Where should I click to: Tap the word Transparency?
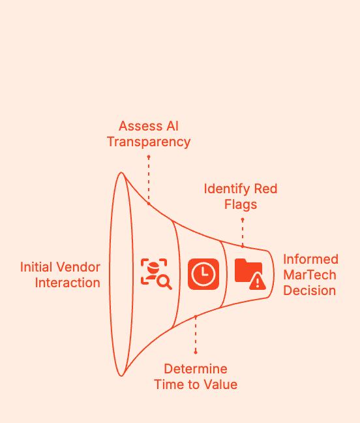(x=149, y=142)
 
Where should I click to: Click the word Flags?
(x=241, y=204)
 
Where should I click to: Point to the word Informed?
(x=310, y=259)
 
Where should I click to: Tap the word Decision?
(x=310, y=290)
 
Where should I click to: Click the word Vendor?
(x=82, y=267)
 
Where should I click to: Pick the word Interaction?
(x=68, y=283)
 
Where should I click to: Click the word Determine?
(x=196, y=368)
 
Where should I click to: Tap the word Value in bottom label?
(x=220, y=384)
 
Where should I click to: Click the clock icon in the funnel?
(x=203, y=274)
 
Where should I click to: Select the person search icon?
(x=155, y=274)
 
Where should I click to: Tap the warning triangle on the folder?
(x=258, y=281)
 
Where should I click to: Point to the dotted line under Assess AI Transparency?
(x=149, y=180)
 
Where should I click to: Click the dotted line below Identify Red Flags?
(x=243, y=233)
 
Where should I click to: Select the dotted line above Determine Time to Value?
(x=196, y=335)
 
